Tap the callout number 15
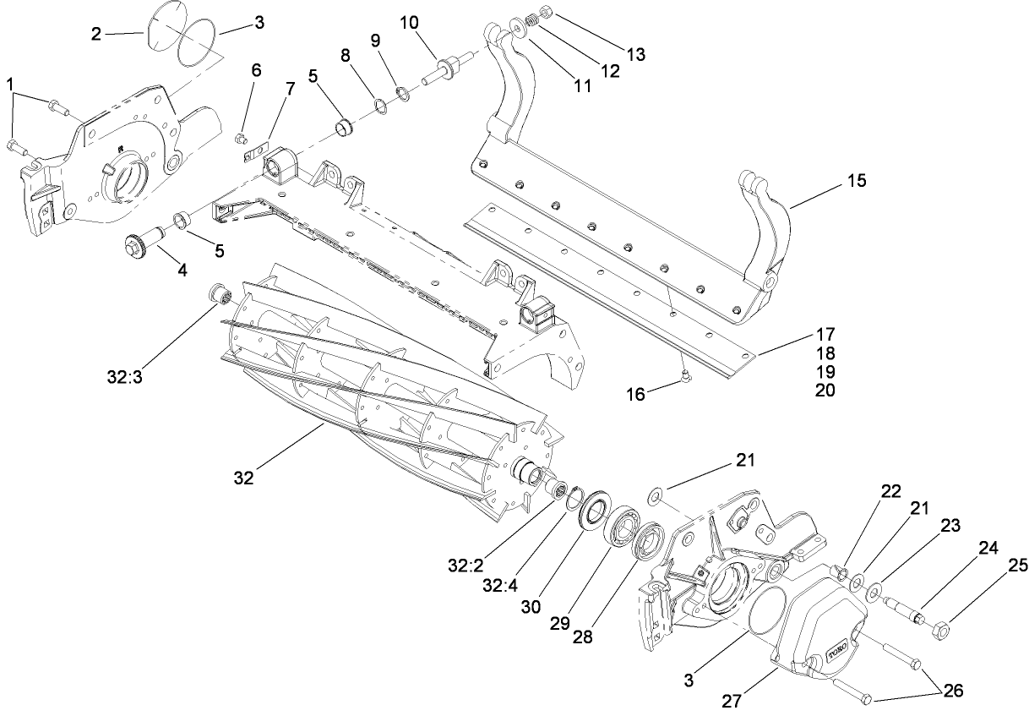click(x=854, y=181)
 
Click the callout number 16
click(x=634, y=394)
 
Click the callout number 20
click(x=825, y=390)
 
